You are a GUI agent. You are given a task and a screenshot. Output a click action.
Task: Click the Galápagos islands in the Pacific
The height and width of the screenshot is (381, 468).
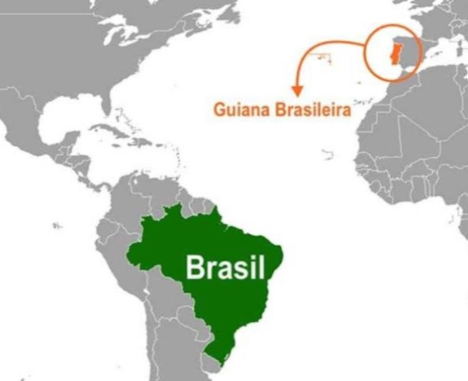click(56, 226)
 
